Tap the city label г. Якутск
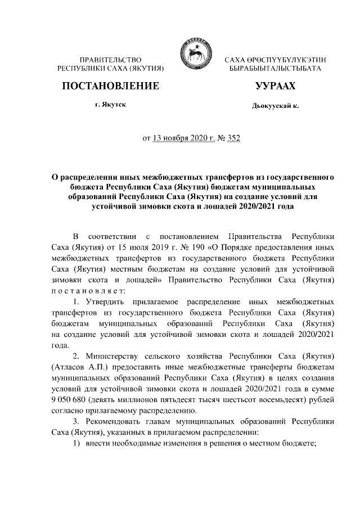tap(110, 105)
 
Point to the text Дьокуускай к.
tap(276, 106)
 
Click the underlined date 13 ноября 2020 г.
tap(184, 137)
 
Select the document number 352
tap(233, 137)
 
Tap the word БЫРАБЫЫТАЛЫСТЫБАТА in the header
tap(276, 68)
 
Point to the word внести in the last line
tap(97, 443)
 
